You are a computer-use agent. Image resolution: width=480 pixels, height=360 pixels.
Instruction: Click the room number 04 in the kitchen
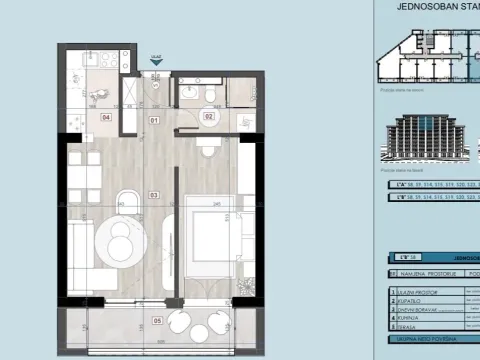click(x=105, y=117)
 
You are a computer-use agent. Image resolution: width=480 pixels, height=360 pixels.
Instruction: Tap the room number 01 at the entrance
click(x=154, y=120)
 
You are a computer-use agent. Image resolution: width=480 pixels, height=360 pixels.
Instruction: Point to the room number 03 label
click(x=154, y=194)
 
